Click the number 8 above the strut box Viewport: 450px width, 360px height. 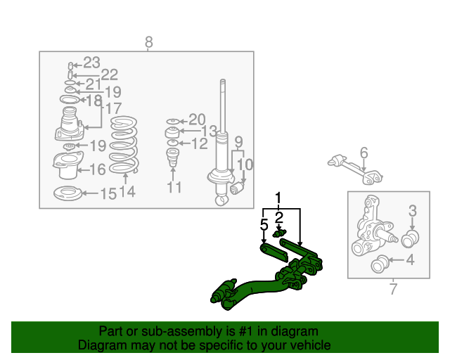148,42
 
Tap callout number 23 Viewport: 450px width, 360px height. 92,62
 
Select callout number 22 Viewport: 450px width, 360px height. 109,75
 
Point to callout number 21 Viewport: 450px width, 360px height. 94,84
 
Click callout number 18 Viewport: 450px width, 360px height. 94,101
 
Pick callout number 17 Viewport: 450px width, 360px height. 113,108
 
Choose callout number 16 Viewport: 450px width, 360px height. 97,169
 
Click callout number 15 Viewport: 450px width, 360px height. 108,194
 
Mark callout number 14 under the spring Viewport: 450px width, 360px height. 127,191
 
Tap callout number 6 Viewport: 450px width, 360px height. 364,153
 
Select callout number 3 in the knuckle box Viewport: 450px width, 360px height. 413,210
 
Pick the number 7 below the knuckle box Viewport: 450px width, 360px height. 393,288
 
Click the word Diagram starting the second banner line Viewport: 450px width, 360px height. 104,345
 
